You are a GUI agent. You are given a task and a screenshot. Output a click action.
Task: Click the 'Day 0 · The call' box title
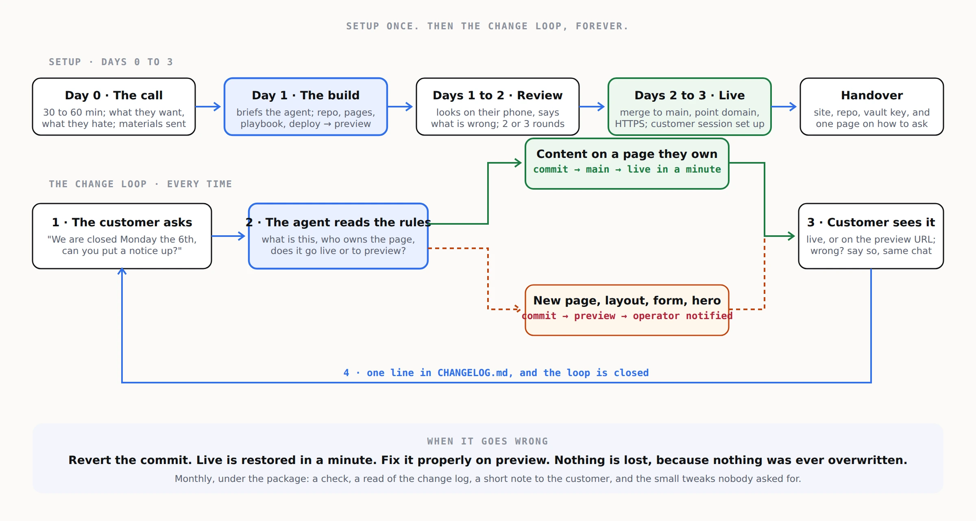(114, 95)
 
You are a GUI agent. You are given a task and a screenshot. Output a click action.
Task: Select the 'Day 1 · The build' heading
(306, 95)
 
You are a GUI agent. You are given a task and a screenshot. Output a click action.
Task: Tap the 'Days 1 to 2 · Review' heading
(498, 95)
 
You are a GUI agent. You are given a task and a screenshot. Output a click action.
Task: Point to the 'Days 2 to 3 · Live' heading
(690, 95)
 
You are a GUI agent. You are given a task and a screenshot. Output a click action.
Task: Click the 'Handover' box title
(872, 95)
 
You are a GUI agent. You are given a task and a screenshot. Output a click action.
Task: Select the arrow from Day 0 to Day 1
(208, 107)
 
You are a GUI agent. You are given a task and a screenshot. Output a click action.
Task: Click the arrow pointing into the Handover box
(784, 107)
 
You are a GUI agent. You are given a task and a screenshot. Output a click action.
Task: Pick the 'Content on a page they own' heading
(627, 154)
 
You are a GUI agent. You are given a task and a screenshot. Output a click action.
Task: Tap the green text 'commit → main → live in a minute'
(627, 169)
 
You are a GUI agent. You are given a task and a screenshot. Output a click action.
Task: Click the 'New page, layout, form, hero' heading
(627, 300)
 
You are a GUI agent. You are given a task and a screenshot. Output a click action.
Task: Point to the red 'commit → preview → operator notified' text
(627, 316)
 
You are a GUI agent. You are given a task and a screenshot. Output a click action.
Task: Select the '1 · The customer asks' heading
(122, 222)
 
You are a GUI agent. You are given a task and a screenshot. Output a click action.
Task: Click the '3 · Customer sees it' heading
(871, 222)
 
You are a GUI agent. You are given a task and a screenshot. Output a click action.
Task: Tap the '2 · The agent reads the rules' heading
(338, 222)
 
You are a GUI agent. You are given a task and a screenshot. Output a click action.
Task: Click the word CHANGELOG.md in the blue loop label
(473, 373)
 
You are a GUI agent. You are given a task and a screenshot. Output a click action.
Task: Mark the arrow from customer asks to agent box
(229, 236)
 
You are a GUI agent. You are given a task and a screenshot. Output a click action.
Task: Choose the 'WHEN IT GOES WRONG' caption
(488, 441)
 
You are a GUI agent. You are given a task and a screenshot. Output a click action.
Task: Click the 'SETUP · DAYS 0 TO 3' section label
(111, 62)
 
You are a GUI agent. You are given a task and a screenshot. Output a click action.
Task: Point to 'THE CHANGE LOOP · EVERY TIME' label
(140, 184)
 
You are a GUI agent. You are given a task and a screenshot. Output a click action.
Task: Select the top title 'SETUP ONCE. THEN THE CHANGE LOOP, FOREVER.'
(488, 26)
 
